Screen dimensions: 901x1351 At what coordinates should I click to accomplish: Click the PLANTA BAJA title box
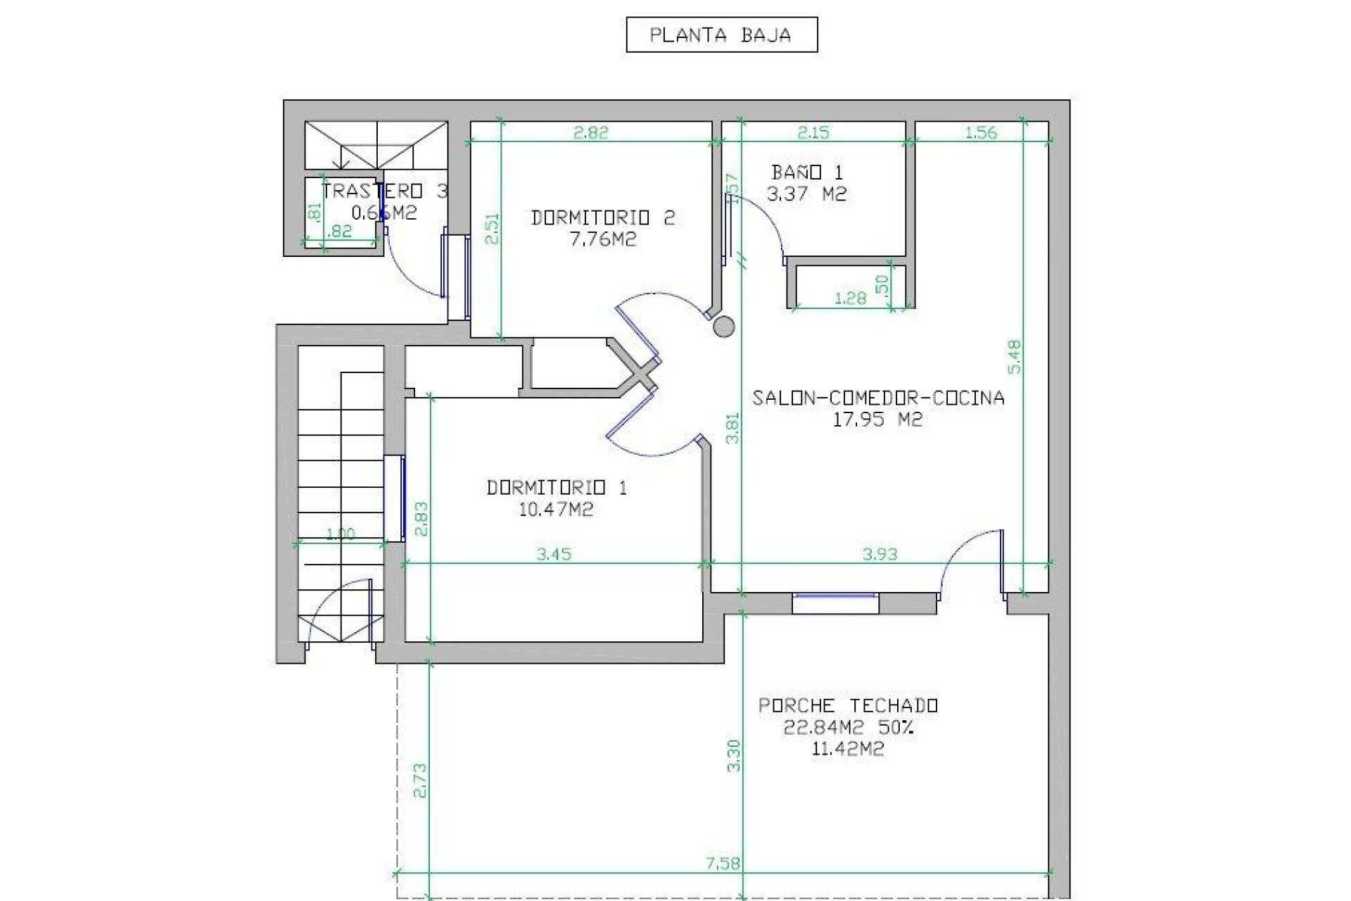(721, 35)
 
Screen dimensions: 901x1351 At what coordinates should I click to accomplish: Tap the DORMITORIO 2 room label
(602, 218)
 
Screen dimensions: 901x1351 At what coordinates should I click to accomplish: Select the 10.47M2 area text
(556, 510)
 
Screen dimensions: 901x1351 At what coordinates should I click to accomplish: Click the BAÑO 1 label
(806, 172)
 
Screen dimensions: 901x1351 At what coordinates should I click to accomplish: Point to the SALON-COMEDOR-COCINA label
(878, 398)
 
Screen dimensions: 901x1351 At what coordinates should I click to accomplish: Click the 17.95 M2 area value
(877, 420)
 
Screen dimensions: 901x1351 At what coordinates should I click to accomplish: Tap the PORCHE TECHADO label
(848, 705)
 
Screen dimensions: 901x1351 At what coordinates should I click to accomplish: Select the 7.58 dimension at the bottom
(723, 864)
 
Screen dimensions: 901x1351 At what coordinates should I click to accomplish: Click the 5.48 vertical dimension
(1014, 357)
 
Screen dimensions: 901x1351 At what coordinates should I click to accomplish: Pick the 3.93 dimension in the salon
(880, 554)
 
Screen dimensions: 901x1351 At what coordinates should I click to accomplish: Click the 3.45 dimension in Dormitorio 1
(554, 554)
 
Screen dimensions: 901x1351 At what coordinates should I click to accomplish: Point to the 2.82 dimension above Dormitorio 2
(590, 132)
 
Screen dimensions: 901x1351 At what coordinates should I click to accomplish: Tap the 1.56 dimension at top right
(980, 132)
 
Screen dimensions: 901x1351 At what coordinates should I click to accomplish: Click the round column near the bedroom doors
(723, 326)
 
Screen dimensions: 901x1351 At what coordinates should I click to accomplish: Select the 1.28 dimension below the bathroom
(850, 298)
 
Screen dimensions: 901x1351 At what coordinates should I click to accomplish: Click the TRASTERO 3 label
(384, 191)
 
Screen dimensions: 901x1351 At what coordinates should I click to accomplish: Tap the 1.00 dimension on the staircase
(341, 534)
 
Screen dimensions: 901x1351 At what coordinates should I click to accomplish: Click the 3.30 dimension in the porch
(733, 755)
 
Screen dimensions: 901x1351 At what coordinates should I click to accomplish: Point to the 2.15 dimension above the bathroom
(813, 132)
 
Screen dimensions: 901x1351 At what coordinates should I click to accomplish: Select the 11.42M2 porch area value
(847, 750)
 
